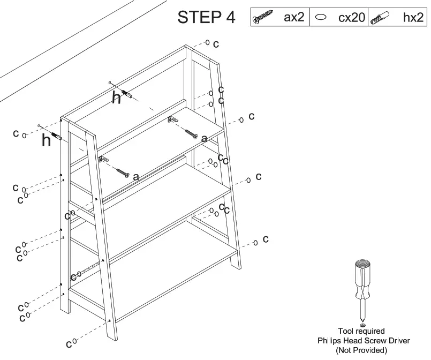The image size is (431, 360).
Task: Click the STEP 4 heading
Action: pos(206,17)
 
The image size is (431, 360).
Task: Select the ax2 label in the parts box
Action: pos(294,17)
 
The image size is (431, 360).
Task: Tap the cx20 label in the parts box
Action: pos(351,18)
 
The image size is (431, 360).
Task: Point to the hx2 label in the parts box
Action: pos(412,17)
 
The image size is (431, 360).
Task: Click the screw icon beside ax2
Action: pos(264,18)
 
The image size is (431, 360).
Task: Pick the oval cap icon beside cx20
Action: pos(322,18)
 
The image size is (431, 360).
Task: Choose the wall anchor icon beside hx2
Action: pos(382,18)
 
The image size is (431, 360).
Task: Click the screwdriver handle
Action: pos(362,279)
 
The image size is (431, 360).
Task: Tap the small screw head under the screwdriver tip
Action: pos(362,325)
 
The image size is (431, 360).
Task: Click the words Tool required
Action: pos(361,332)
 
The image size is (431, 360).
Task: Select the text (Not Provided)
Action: pos(361,350)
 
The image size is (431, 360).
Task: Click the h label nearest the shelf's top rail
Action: pos(116,98)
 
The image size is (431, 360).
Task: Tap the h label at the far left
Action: pos(46,140)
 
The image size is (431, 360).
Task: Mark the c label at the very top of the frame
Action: pos(216,44)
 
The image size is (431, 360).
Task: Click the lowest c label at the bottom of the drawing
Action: pos(69,343)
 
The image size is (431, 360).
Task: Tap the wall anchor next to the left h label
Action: pos(57,135)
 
